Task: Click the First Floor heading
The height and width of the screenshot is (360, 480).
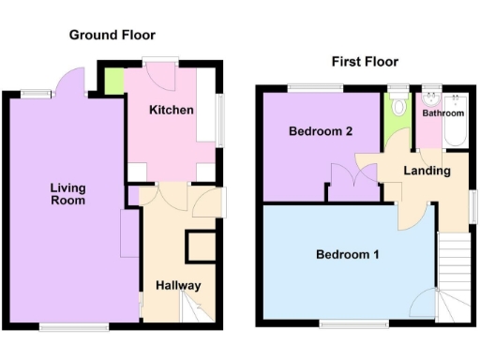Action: point(365,62)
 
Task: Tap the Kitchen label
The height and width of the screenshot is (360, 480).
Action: point(172,111)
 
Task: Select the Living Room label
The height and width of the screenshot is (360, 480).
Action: point(67,194)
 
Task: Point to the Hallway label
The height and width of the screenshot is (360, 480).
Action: point(178,285)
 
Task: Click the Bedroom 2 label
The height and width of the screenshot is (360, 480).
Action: point(320,131)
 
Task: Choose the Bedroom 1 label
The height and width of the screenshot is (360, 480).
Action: point(347,254)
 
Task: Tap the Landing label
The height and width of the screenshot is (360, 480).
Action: point(427,171)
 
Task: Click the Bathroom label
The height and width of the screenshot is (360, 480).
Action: point(442,113)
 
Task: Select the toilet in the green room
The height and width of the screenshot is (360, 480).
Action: point(398,105)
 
